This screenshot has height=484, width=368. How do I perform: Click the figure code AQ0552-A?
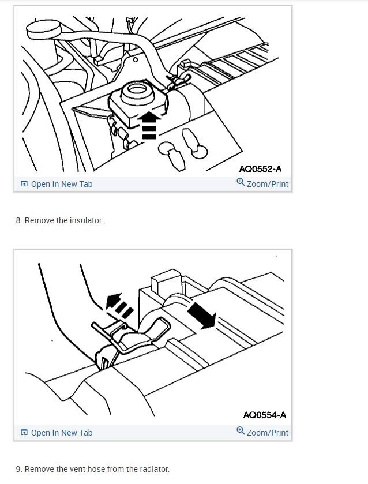click(x=260, y=169)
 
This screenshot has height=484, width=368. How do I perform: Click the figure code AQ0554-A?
click(x=264, y=415)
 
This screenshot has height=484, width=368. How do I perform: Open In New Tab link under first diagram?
click(x=61, y=184)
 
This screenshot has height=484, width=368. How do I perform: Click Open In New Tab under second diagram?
click(x=61, y=433)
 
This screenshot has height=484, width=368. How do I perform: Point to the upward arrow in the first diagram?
click(x=149, y=124)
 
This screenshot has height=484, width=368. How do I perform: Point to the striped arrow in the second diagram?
click(x=119, y=304)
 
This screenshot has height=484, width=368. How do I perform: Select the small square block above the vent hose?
click(x=162, y=284)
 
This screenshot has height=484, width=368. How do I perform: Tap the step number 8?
click(x=18, y=220)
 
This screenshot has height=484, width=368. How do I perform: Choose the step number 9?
click(x=18, y=469)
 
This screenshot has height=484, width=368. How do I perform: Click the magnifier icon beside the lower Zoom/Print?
click(x=241, y=432)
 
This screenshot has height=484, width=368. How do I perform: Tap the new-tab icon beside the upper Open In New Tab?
click(x=24, y=184)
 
